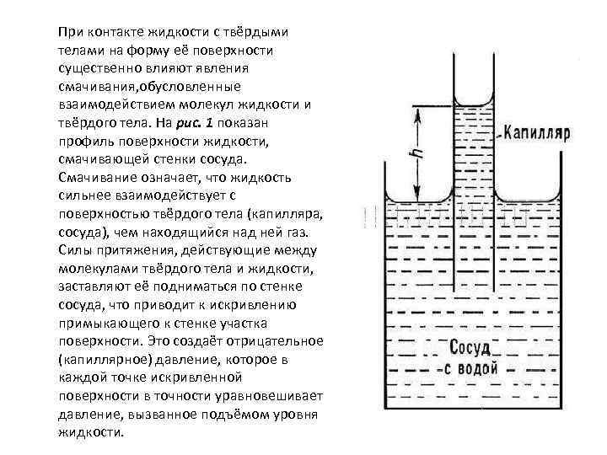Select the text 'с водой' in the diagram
(473, 371)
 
